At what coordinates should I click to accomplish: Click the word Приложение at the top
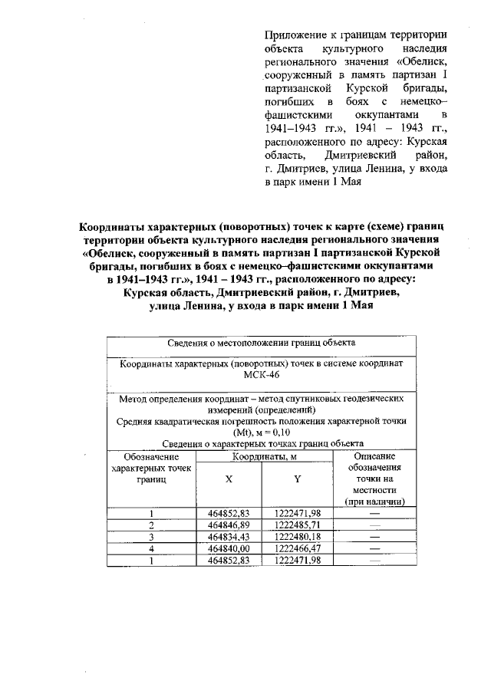click(292, 35)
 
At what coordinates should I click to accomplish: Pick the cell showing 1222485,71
click(296, 525)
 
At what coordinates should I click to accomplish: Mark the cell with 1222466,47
click(296, 548)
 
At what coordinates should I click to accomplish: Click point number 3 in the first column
click(152, 537)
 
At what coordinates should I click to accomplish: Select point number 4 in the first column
click(152, 548)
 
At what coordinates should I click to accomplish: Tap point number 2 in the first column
click(152, 525)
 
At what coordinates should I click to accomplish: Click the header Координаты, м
click(262, 456)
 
